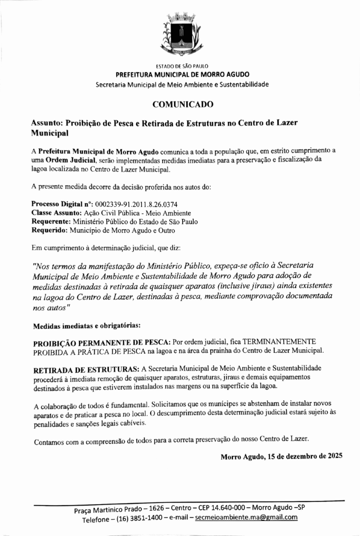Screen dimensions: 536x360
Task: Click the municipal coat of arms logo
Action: pyautogui.click(x=180, y=35)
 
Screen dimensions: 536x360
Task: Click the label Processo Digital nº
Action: pyautogui.click(x=62, y=204)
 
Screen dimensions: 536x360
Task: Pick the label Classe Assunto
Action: pyautogui.click(x=54, y=213)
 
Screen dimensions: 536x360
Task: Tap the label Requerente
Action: pyautogui.click(x=50, y=221)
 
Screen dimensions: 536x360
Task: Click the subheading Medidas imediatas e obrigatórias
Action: pyautogui.click(x=86, y=326)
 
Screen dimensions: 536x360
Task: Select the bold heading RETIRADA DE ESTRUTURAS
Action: pyautogui.click(x=86, y=368)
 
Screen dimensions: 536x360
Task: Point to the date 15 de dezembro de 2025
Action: pyautogui.click(x=305, y=456)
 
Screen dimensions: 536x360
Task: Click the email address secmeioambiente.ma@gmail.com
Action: pyautogui.click(x=246, y=518)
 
